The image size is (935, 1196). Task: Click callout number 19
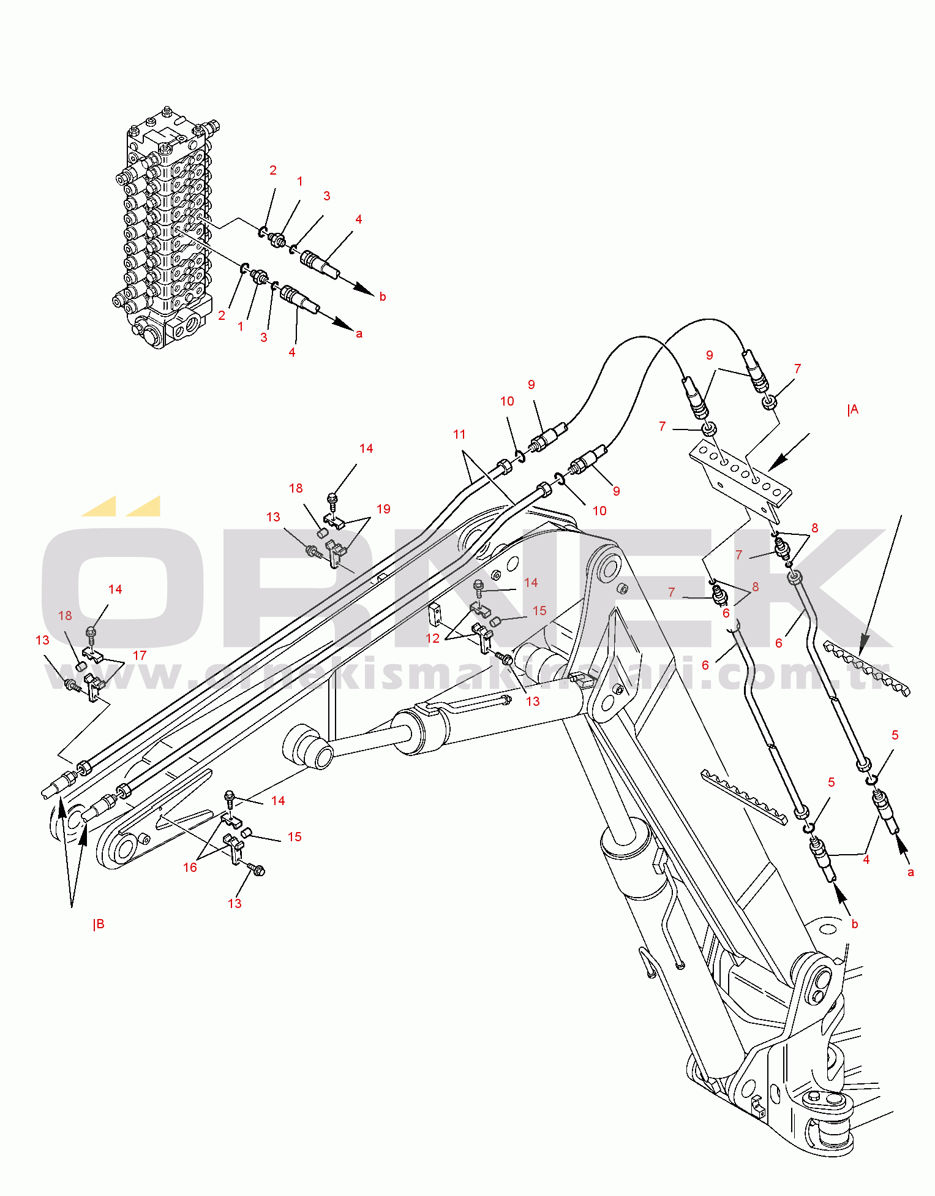(383, 509)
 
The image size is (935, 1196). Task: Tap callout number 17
(140, 656)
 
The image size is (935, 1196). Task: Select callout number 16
(190, 868)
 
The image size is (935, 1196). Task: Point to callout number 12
(433, 638)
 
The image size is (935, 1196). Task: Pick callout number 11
(459, 434)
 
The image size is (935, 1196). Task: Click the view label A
(853, 410)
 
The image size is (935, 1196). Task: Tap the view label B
(99, 925)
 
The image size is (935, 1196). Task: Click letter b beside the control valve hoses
(383, 297)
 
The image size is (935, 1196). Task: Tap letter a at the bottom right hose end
(911, 872)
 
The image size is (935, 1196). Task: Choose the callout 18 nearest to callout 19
(296, 488)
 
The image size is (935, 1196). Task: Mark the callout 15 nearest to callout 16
(295, 837)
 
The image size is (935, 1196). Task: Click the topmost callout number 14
(366, 449)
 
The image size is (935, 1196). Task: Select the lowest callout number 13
(235, 904)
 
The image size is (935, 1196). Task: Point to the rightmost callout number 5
(895, 735)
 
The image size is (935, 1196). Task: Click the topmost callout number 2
(273, 170)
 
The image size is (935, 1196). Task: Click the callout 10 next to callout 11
(507, 401)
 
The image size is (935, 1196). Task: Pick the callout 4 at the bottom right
(866, 860)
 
